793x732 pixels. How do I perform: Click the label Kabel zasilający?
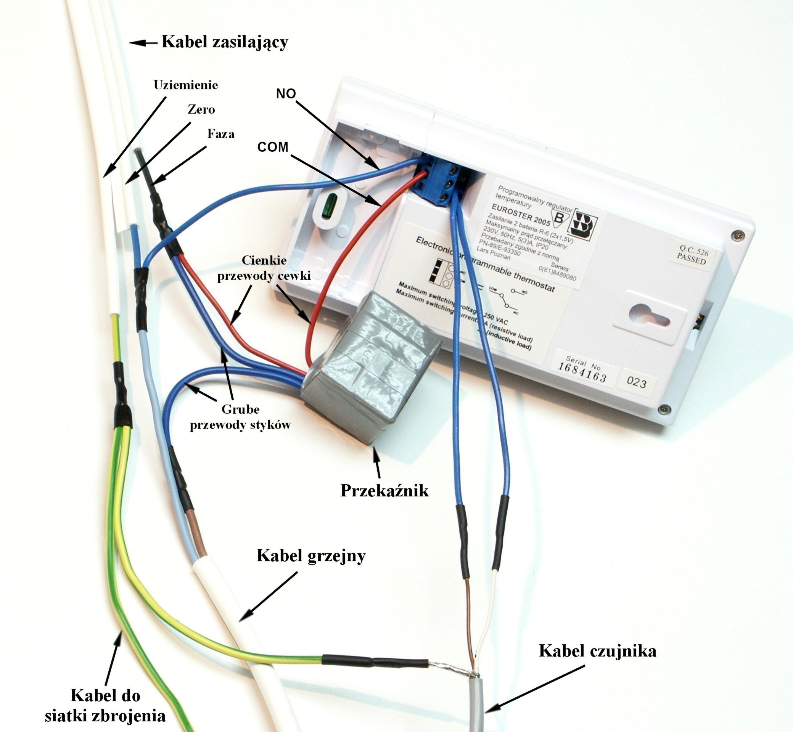(x=224, y=42)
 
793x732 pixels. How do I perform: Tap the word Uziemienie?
(x=185, y=85)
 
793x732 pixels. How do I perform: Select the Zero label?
(x=201, y=109)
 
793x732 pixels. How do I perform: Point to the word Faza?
(x=220, y=133)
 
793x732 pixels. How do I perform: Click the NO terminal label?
(x=286, y=94)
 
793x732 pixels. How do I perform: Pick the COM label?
(x=273, y=147)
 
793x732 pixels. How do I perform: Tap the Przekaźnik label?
(x=384, y=491)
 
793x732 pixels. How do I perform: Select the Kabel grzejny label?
(x=311, y=556)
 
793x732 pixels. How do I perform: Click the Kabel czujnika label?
(x=597, y=651)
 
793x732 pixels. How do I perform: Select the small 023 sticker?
(x=637, y=383)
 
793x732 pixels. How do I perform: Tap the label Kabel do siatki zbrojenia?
(x=105, y=706)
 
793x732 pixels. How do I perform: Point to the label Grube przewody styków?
(x=240, y=417)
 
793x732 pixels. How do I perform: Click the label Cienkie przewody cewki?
(x=264, y=268)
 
